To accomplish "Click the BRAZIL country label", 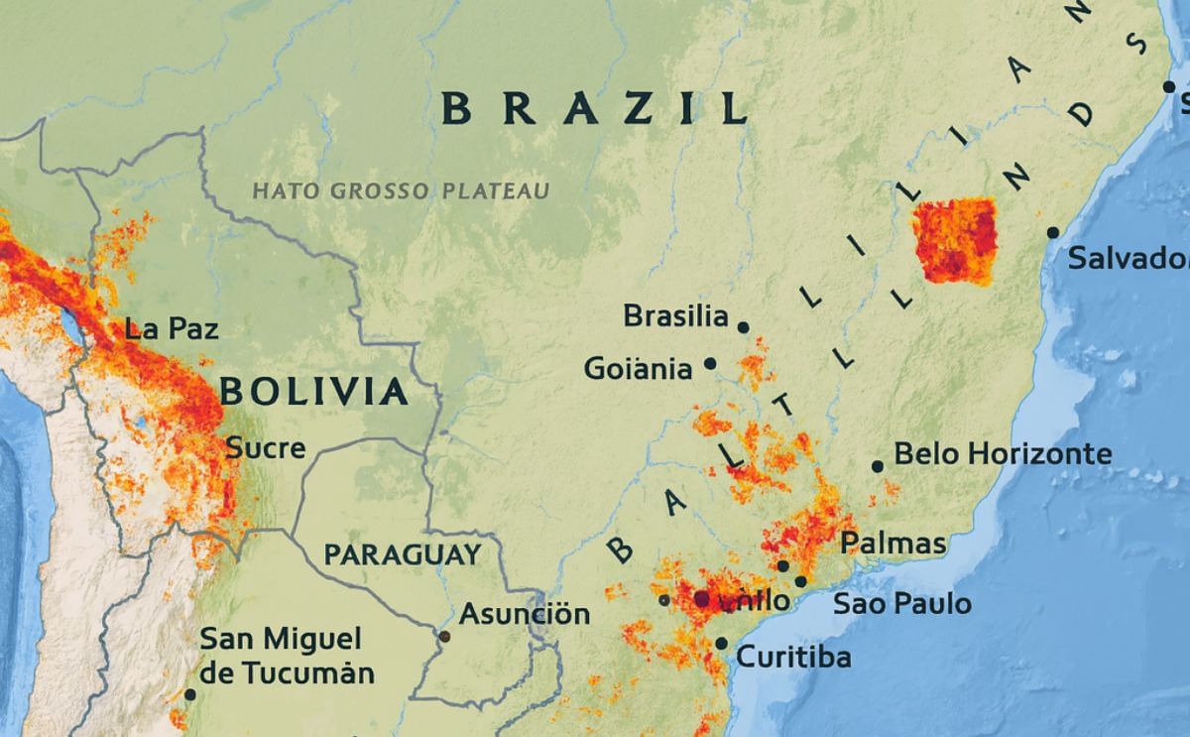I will pyautogui.click(x=594, y=107).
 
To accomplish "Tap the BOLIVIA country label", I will pyautogui.click(x=313, y=392).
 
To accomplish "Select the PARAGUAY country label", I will pyautogui.click(x=403, y=554).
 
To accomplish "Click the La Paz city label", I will pyautogui.click(x=172, y=328).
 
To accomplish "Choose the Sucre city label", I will pyautogui.click(x=266, y=448).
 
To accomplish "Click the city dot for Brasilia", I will pyautogui.click(x=743, y=326).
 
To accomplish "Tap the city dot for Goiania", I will pyautogui.click(x=710, y=364).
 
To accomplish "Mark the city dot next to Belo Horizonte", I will pyautogui.click(x=877, y=466).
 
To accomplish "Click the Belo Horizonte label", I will pyautogui.click(x=1003, y=454).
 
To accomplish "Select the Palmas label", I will pyautogui.click(x=892, y=544).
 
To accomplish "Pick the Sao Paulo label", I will pyautogui.click(x=901, y=603).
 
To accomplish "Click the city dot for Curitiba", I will pyautogui.click(x=721, y=644).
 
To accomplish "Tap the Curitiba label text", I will pyautogui.click(x=793, y=657).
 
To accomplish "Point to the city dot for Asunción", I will pyautogui.click(x=444, y=636).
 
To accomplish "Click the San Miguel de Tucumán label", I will pyautogui.click(x=288, y=656).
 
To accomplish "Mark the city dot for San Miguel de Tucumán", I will pyautogui.click(x=190, y=694).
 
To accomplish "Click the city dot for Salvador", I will pyautogui.click(x=1052, y=233).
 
